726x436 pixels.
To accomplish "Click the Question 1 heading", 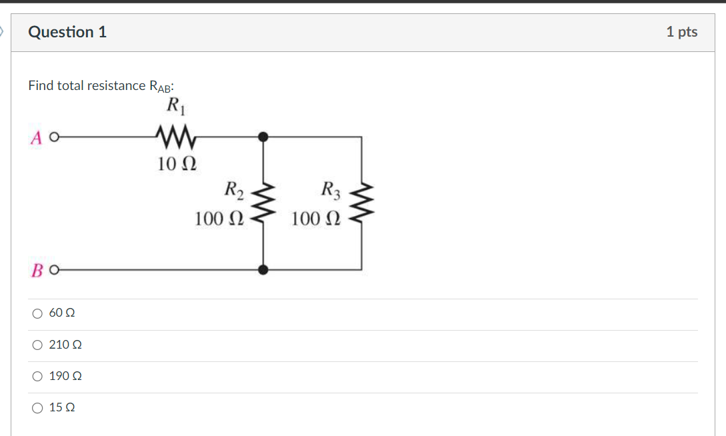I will (x=67, y=32).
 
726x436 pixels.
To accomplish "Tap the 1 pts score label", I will (x=681, y=32).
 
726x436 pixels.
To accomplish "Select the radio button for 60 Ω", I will (x=38, y=313).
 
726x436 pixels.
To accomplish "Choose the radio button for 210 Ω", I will (x=38, y=345).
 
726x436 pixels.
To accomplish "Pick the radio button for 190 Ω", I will (x=38, y=376).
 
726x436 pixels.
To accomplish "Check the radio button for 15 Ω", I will (x=38, y=407).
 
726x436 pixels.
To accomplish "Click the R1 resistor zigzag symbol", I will (x=175, y=137).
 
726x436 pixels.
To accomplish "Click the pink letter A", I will (x=37, y=137).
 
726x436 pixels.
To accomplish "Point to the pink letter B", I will (x=37, y=270).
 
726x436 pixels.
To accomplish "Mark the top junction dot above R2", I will (x=264, y=137).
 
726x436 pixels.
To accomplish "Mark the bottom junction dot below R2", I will (x=264, y=270).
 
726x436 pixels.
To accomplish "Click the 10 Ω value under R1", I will (x=177, y=163).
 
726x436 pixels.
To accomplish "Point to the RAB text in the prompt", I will (x=161, y=86).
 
